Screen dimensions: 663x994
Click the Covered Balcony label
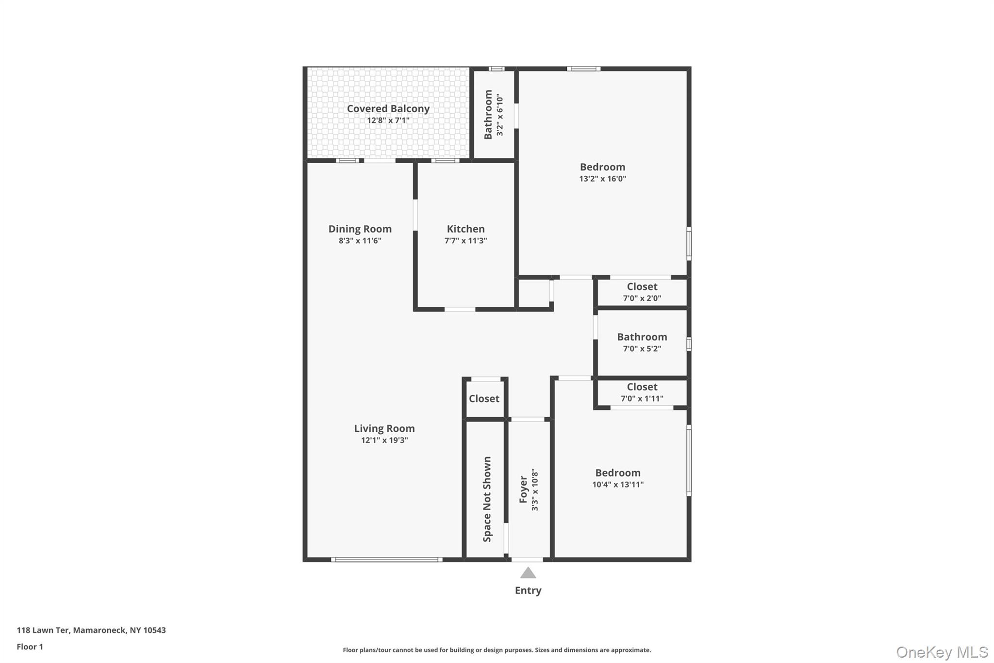(388, 109)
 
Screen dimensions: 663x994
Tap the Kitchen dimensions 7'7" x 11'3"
(465, 240)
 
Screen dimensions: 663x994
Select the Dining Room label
(360, 229)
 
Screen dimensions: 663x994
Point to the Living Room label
(384, 428)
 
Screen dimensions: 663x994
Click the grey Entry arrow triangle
(528, 573)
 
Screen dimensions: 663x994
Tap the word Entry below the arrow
(528, 591)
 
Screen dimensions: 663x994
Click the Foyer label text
(523, 490)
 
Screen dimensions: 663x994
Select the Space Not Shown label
(487, 499)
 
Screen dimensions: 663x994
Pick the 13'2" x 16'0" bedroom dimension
(602, 179)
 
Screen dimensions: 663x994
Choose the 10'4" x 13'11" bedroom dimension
(618, 484)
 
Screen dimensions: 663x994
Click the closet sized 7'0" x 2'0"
(642, 292)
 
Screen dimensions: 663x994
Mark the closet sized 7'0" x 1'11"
(642, 392)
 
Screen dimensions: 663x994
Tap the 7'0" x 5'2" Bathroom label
(642, 337)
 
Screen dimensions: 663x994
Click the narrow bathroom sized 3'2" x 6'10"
(494, 115)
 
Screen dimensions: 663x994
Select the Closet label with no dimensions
(484, 399)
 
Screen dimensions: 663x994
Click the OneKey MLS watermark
(942, 652)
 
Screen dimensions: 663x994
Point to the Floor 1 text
(30, 647)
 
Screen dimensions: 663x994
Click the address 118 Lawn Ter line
(91, 630)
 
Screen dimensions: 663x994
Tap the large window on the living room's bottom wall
(387, 560)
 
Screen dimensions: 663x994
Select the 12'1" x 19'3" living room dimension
(384, 441)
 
